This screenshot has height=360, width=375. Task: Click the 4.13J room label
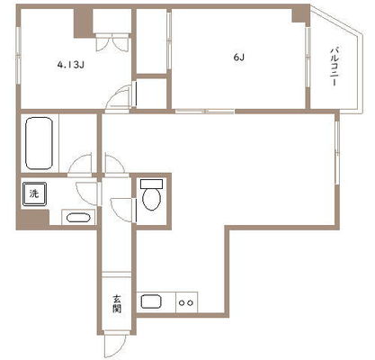coord(70,65)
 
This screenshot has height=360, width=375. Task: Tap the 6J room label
coord(238,58)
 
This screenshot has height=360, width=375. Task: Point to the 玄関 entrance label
coord(117,304)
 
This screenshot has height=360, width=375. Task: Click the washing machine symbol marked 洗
coord(34,193)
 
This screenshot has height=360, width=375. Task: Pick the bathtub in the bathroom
coord(40,143)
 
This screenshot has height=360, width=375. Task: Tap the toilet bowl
coord(152,199)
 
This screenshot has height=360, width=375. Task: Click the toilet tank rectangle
coord(152,184)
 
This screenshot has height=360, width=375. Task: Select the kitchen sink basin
coord(152,301)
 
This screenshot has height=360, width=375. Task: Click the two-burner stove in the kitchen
coord(186,302)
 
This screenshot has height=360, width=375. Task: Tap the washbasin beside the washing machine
coord(78,217)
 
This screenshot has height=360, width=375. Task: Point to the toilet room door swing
coord(123,210)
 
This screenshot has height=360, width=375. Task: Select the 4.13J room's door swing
coord(120,96)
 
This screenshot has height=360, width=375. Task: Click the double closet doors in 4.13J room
coord(112,43)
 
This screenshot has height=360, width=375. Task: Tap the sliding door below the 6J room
coord(205,112)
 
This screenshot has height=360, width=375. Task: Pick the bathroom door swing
coord(80,164)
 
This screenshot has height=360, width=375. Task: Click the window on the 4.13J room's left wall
coord(19,56)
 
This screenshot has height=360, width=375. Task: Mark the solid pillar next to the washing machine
coord(33,220)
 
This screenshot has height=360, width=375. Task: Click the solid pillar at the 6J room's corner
coord(300,15)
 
